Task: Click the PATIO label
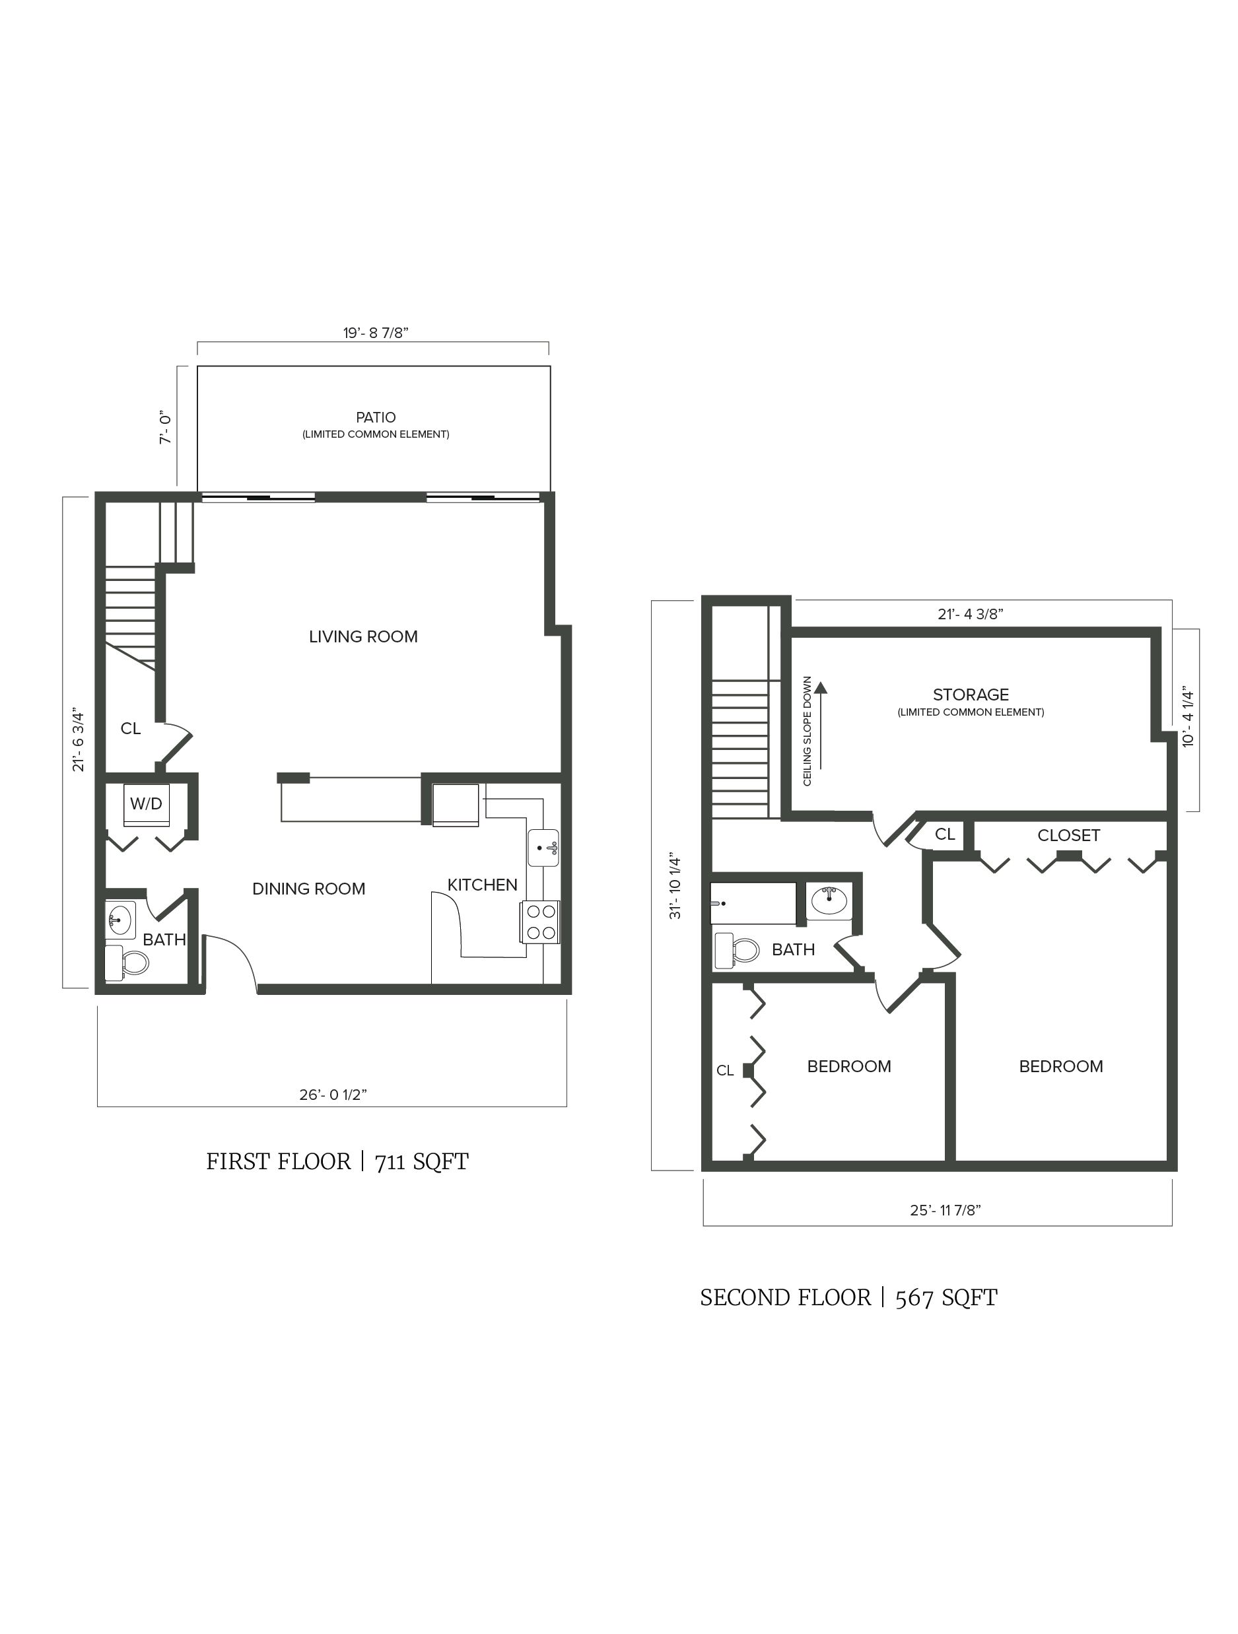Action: click(x=375, y=417)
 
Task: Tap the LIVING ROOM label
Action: click(x=362, y=636)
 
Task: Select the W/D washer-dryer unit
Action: click(x=147, y=803)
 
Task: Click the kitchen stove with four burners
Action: click(x=541, y=922)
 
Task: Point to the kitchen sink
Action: click(x=543, y=847)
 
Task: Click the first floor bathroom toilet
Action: click(x=127, y=963)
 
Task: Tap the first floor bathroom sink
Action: click(x=120, y=920)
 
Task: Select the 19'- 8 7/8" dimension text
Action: click(x=375, y=333)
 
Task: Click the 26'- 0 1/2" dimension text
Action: click(x=333, y=1094)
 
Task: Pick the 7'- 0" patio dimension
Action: click(x=166, y=428)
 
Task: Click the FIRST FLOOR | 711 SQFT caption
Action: click(x=337, y=1161)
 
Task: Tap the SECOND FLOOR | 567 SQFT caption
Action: click(x=848, y=1297)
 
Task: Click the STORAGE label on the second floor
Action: click(x=970, y=695)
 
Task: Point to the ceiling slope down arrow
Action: click(x=821, y=727)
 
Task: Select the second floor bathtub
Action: click(x=753, y=902)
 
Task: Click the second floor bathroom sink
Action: click(x=829, y=901)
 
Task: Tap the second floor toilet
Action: click(x=737, y=951)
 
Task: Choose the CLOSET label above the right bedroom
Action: click(x=1068, y=835)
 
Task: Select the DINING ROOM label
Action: click(x=309, y=889)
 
